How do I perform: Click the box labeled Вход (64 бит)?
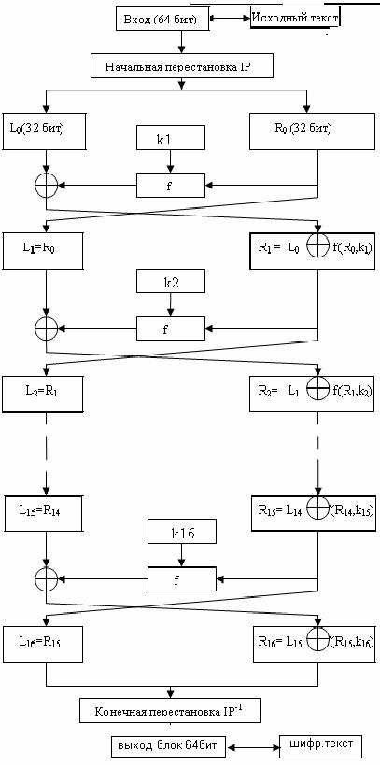point(162,19)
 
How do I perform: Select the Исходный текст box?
point(295,19)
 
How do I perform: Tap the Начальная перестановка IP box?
point(181,66)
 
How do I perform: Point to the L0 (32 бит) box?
point(44,132)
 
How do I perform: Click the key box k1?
point(171,138)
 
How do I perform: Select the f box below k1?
point(171,185)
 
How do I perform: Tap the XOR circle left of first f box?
point(47,185)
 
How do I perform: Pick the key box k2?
point(171,282)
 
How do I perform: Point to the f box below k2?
point(171,328)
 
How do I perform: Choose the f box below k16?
point(182,578)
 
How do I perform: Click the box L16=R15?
point(43,645)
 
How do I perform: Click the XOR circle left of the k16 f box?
point(47,578)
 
